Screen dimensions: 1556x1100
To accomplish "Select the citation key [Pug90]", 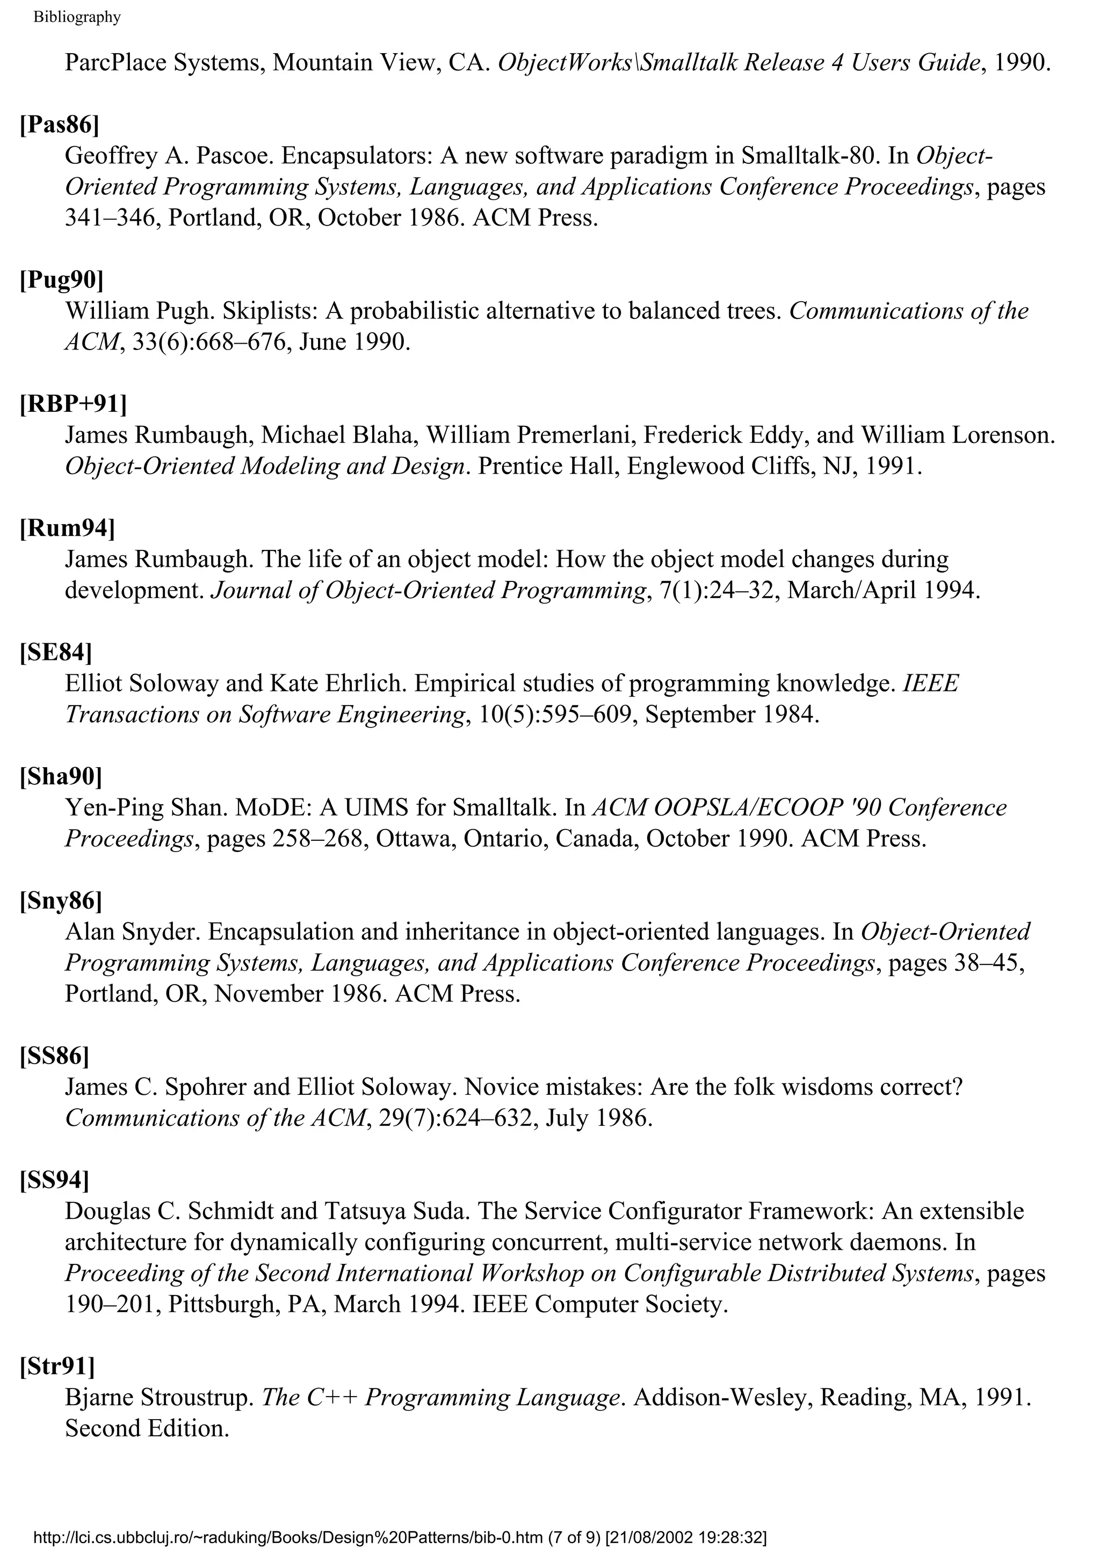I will pyautogui.click(x=62, y=279).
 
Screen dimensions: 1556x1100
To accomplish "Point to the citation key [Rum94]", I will pyautogui.click(x=67, y=528).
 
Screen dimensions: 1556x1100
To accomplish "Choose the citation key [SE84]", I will pyautogui.click(x=55, y=652).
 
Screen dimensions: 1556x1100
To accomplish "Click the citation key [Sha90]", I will pyautogui.click(x=61, y=776).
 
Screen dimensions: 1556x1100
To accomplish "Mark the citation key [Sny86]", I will pyautogui.click(x=61, y=900).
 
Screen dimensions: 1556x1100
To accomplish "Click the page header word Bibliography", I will pyautogui.click(x=77, y=18).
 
